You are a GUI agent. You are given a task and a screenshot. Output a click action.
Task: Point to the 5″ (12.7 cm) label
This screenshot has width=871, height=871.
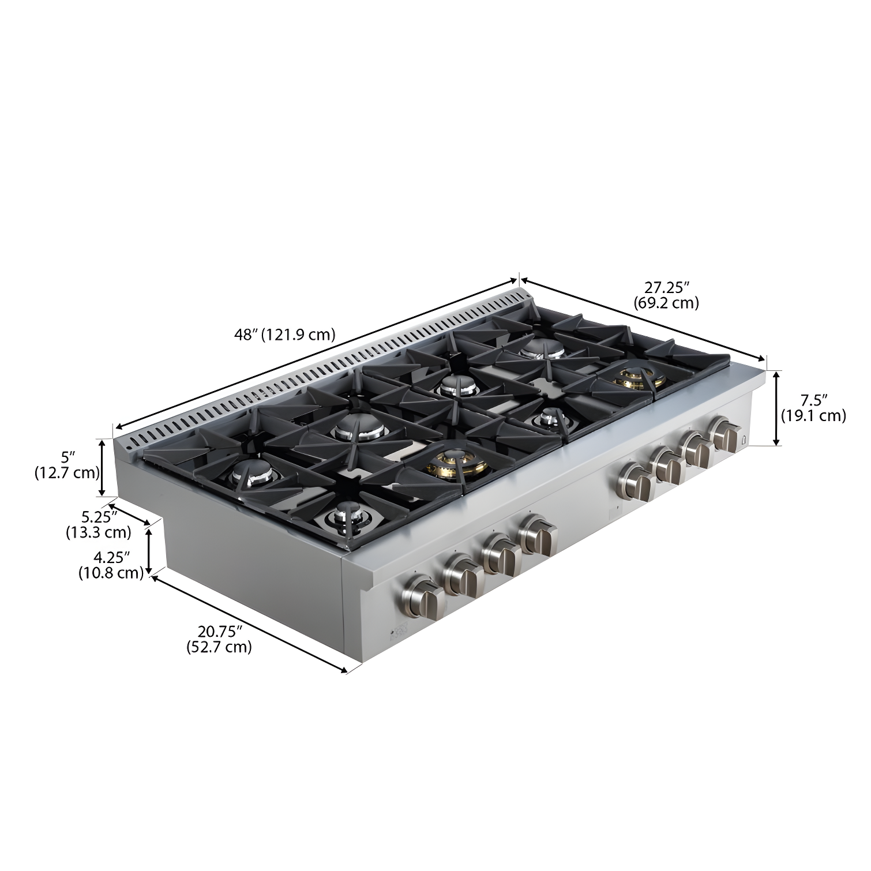point(67,465)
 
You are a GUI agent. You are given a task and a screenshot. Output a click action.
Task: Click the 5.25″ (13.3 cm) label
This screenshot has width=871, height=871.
point(99,524)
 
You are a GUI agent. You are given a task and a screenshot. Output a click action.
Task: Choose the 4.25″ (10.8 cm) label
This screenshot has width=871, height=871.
point(111,565)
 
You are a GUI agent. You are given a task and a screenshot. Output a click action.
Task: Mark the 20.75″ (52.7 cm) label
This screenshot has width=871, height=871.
point(219,639)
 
